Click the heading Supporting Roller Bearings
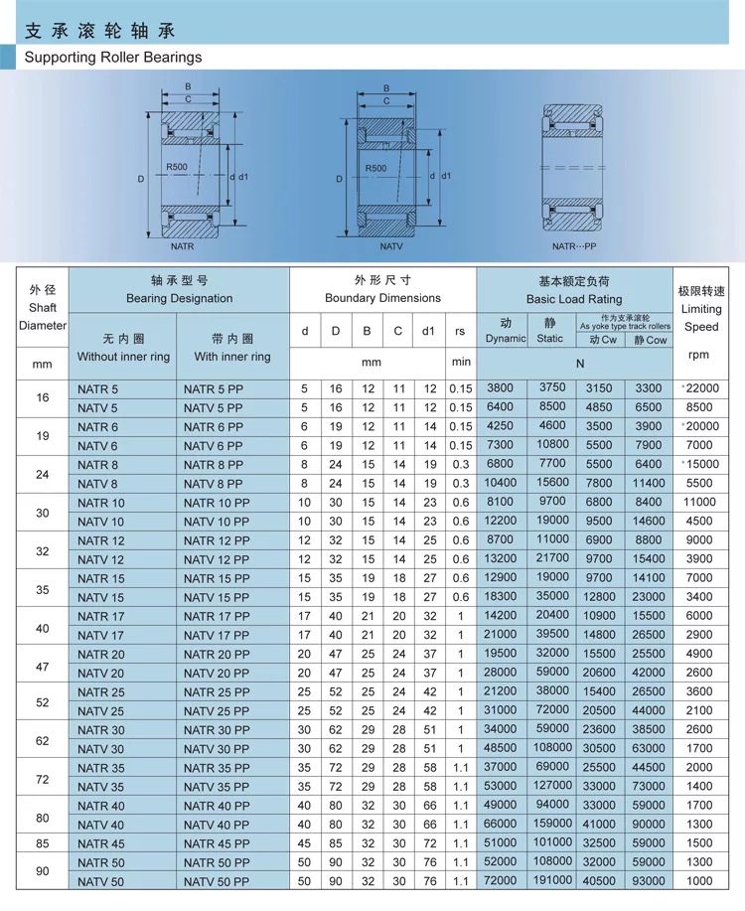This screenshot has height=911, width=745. [x=113, y=57]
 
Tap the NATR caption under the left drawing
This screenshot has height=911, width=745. [x=182, y=245]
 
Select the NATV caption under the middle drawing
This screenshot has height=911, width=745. [x=390, y=246]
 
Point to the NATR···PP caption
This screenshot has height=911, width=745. [x=574, y=246]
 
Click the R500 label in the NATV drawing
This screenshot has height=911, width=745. [x=375, y=168]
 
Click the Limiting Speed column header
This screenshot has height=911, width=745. [x=701, y=309]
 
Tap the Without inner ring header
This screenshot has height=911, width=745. [x=124, y=357]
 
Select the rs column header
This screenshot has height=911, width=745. [x=460, y=331]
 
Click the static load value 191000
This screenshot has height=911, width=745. [x=549, y=880]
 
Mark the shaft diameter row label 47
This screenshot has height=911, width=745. [x=42, y=666]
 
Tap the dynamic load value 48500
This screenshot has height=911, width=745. [x=501, y=748]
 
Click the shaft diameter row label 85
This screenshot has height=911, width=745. [x=42, y=842]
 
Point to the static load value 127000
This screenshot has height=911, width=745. [x=549, y=786]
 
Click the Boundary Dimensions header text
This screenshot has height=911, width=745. [x=382, y=298]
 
